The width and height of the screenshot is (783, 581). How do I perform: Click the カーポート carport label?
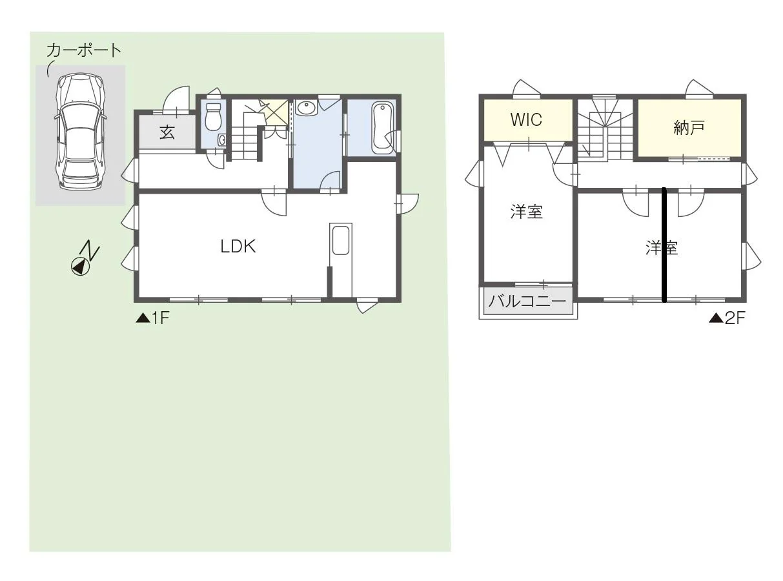84,50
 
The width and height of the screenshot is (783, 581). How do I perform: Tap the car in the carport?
81,132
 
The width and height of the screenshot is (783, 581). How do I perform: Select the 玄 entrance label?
167,132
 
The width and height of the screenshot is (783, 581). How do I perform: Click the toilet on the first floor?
213,117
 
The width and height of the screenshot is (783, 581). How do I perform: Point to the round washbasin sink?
306,108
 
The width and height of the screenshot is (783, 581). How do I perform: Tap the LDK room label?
238,246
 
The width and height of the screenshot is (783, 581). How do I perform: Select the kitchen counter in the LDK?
341,260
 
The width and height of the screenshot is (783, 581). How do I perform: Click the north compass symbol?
85,258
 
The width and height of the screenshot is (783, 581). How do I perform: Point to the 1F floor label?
153,318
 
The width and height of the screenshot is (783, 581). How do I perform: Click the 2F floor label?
727,318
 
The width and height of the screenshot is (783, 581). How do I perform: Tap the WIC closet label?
526,119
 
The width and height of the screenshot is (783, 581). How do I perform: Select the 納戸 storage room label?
689,128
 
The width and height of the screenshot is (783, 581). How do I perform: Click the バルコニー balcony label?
527,301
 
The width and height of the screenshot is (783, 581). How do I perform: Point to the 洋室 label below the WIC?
526,212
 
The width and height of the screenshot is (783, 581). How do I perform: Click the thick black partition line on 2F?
664,245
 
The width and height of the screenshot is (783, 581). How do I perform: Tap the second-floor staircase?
605,130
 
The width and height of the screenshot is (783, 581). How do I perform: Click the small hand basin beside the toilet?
222,140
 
